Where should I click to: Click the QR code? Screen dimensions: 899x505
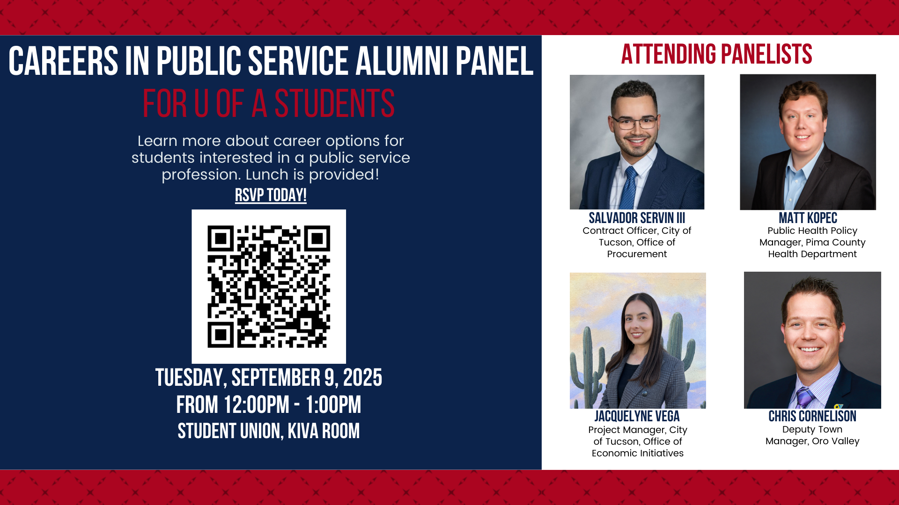pos(269,287)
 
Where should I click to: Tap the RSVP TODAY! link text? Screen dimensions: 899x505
pos(271,195)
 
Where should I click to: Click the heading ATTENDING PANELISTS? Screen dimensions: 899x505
pos(716,54)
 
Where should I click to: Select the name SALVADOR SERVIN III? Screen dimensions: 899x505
pos(637,218)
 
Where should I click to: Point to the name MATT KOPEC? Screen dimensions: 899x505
pos(808,218)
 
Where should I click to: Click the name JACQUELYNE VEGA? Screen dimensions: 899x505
pos(637,416)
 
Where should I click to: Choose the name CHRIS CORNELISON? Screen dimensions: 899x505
pos(812,416)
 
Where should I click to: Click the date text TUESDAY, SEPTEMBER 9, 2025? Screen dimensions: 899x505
pos(269,378)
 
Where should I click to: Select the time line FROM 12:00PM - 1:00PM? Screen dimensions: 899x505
pos(269,405)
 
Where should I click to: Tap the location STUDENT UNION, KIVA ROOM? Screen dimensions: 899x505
pos(269,431)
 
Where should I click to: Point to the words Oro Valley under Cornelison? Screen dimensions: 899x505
pos(836,441)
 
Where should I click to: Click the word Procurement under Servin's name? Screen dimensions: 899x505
pos(637,254)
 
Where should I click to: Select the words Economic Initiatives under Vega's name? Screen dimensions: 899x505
pos(638,453)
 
